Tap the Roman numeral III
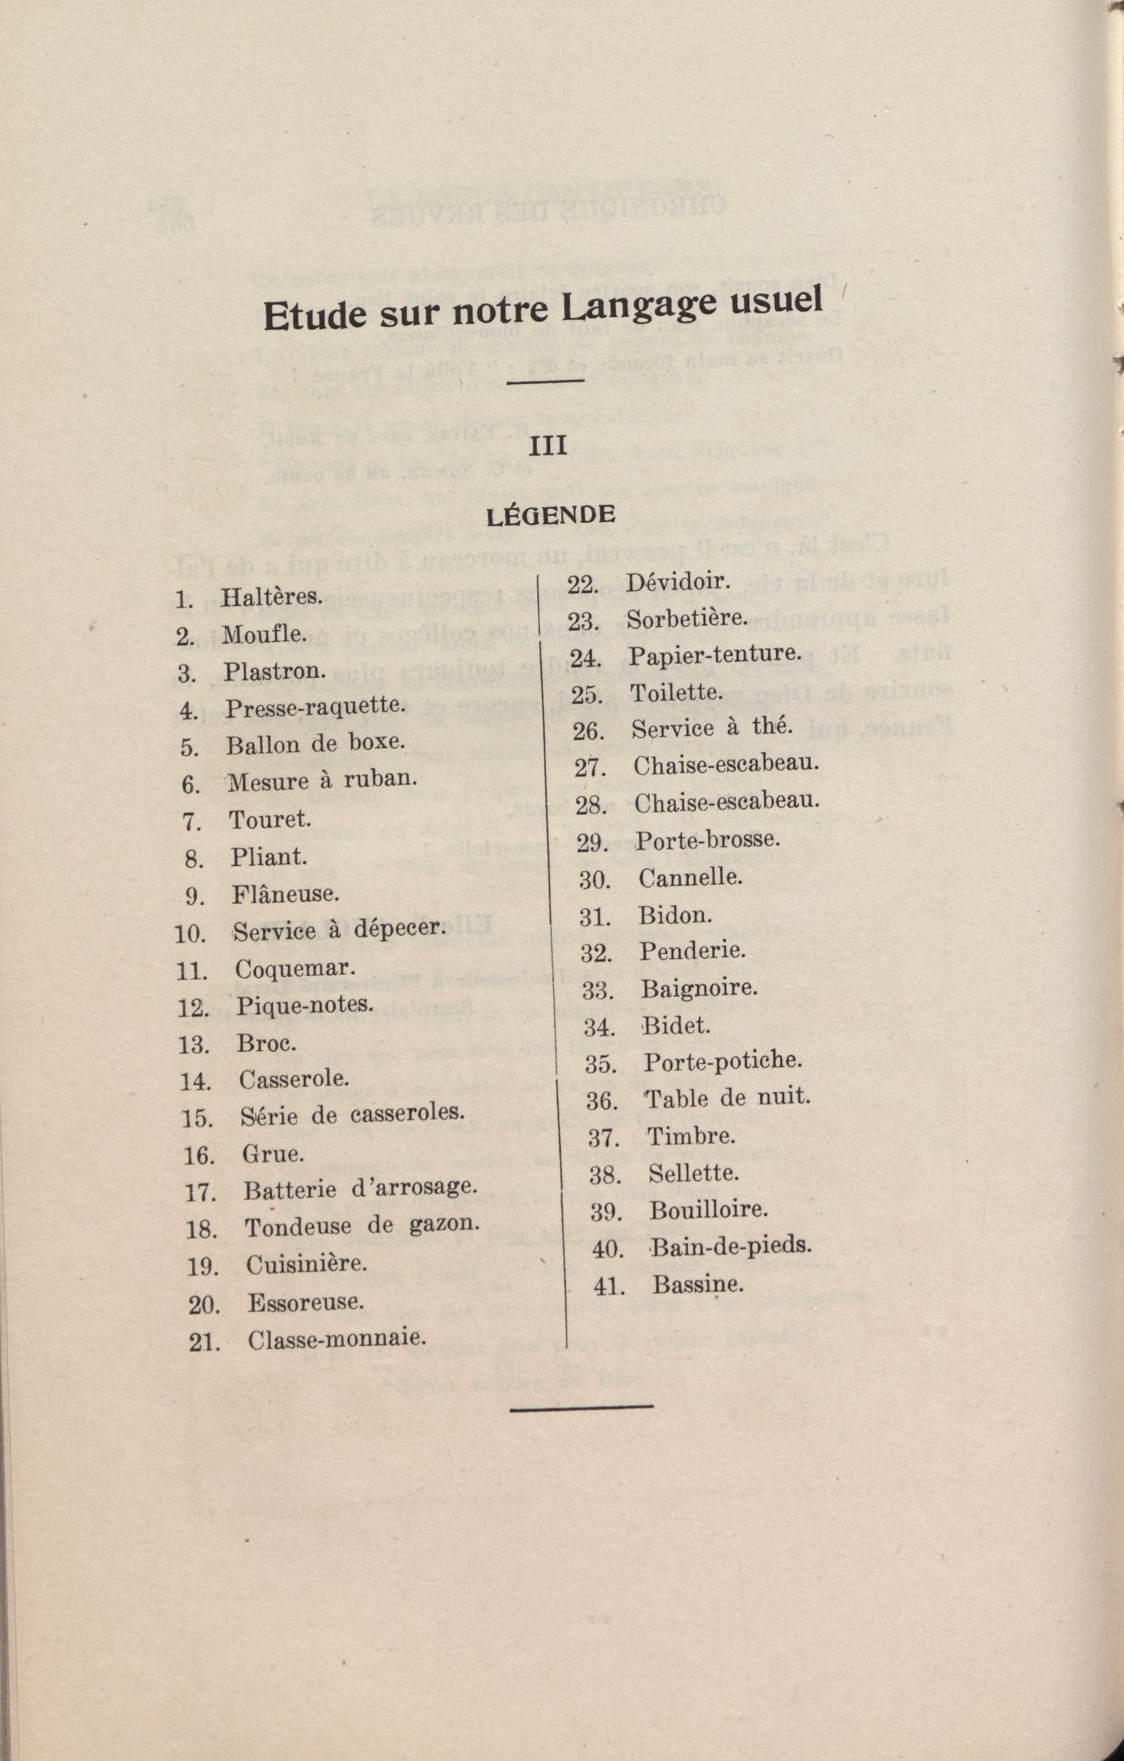pyautogui.click(x=547, y=446)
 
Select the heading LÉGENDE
pyautogui.click(x=551, y=515)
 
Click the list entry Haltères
pyautogui.click(x=271, y=597)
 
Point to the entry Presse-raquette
pyautogui.click(x=314, y=708)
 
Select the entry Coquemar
pyautogui.click(x=295, y=969)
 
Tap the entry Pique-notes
pyautogui.click(x=304, y=1005)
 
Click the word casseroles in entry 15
pyautogui.click(x=407, y=1115)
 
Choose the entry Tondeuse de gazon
pyautogui.click(x=362, y=1227)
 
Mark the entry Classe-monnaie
pyautogui.click(x=336, y=1339)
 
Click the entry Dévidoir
pyautogui.click(x=678, y=582)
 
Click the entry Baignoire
pyautogui.click(x=699, y=989)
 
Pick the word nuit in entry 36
pyautogui.click(x=784, y=1097)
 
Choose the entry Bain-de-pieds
pyautogui.click(x=731, y=1246)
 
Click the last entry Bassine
pyautogui.click(x=698, y=1284)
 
